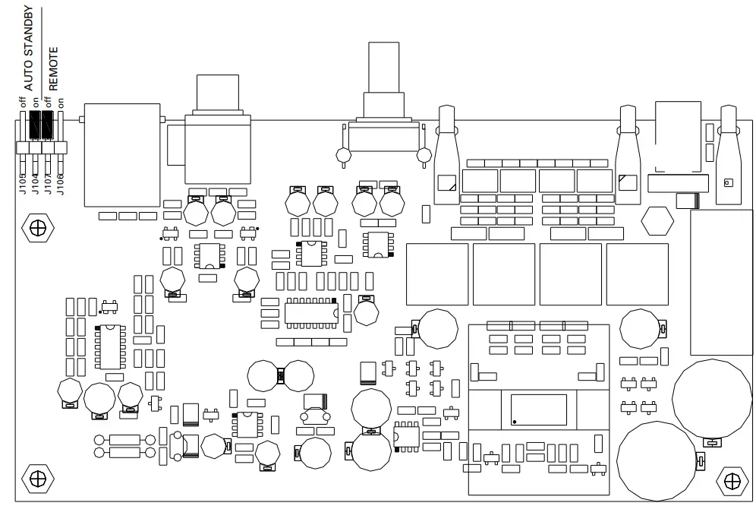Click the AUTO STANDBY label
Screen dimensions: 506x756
coord(29,49)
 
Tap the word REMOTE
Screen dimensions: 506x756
coord(53,69)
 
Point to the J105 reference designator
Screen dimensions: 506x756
coord(23,182)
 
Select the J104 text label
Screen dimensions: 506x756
coord(35,182)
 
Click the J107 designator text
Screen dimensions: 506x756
coord(48,182)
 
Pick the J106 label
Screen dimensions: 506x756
coord(60,182)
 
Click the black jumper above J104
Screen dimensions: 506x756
coord(35,126)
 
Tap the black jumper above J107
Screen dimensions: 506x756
coord(48,126)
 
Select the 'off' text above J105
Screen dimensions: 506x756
coord(23,102)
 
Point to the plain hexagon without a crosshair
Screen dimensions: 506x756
coord(657,222)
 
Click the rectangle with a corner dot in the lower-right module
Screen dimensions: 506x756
coord(539,410)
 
